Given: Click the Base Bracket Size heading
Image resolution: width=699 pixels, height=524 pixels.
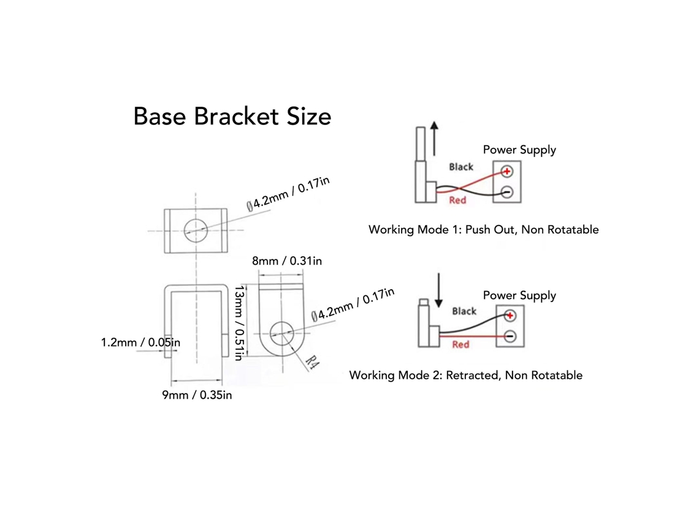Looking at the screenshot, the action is tap(232, 116).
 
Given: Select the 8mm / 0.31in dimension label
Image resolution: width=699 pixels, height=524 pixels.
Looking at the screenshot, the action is tap(286, 260).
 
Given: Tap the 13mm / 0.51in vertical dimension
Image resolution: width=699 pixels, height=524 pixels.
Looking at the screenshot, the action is tap(240, 323).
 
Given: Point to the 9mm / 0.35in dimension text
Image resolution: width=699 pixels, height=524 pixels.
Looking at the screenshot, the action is tap(197, 395).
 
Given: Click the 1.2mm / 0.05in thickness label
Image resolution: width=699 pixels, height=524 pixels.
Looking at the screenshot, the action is tap(140, 342).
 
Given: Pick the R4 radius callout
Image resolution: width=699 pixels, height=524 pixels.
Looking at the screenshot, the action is tap(313, 363).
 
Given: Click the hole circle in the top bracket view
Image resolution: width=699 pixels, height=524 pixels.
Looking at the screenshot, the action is tap(196, 230).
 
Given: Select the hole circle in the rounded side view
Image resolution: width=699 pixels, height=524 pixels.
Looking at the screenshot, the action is tap(281, 332).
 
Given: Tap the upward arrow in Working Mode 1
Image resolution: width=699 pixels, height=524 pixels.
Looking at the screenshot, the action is tap(434, 139).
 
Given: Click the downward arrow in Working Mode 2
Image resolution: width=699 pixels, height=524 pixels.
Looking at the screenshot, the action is tap(438, 290).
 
